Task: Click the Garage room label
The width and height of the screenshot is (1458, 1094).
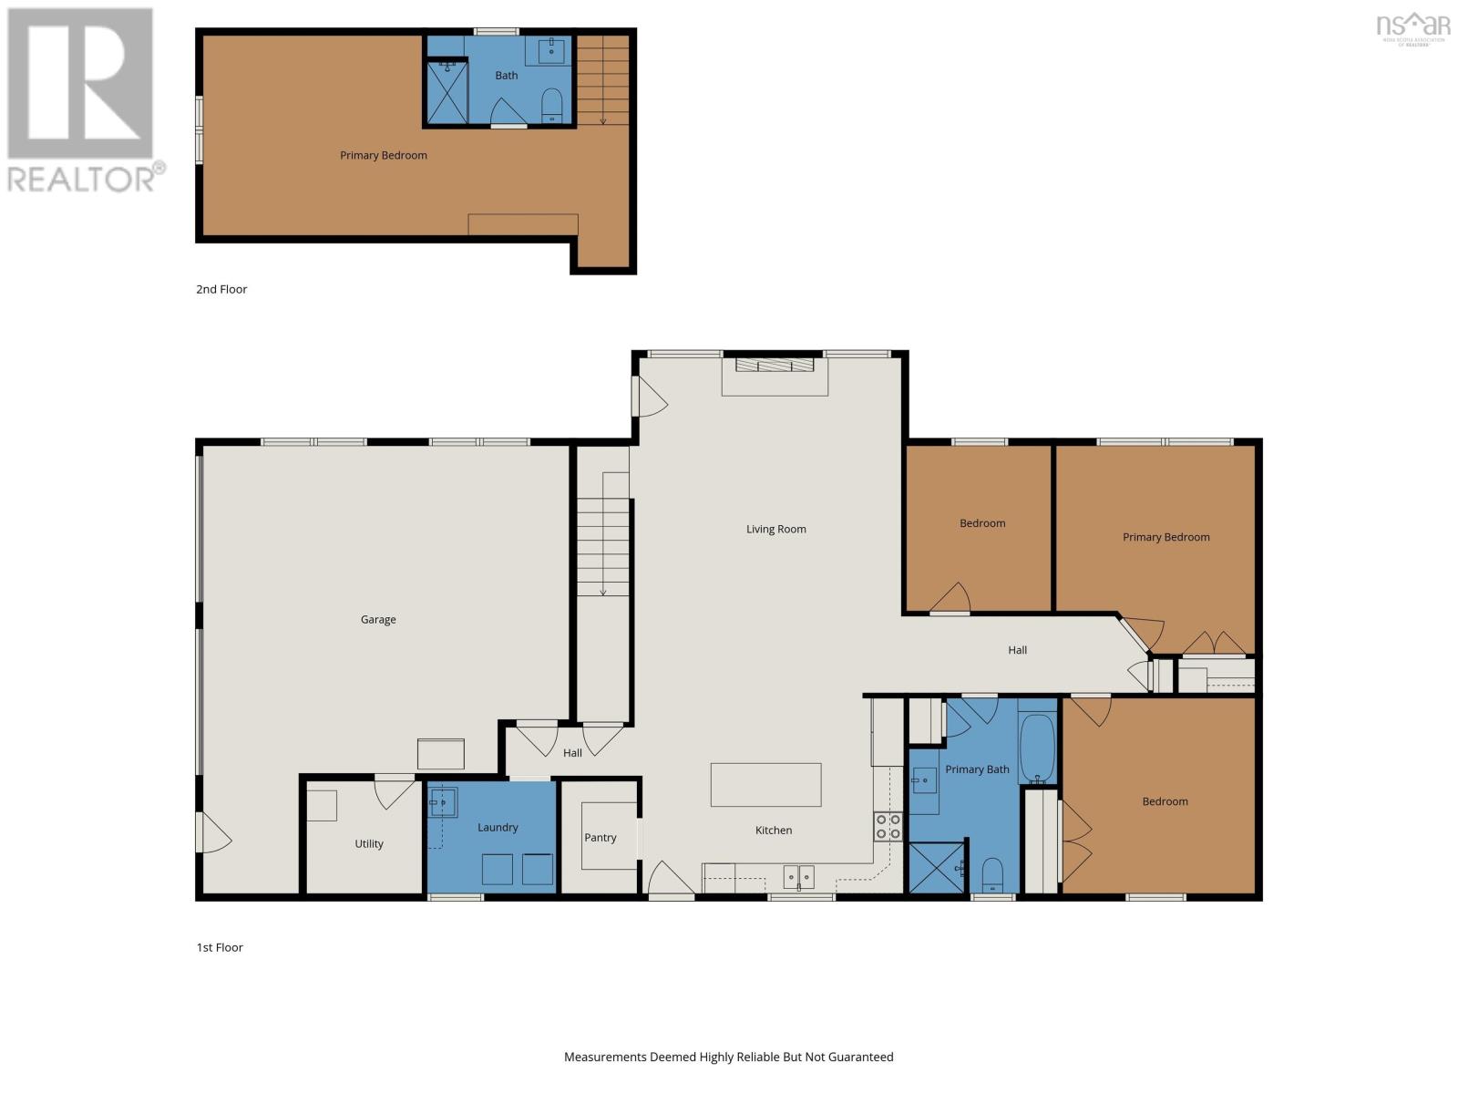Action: (x=378, y=620)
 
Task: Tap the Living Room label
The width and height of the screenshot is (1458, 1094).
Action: (x=775, y=529)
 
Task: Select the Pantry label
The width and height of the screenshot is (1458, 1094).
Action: (x=601, y=838)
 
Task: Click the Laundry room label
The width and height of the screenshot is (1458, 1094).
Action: (x=498, y=828)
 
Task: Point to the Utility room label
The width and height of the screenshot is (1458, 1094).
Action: (x=369, y=844)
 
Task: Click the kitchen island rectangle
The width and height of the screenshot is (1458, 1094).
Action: (x=765, y=785)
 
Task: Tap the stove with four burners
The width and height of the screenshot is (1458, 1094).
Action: (x=888, y=826)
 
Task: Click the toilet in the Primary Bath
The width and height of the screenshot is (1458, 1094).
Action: (x=992, y=876)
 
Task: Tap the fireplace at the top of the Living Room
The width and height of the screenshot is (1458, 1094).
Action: (x=775, y=366)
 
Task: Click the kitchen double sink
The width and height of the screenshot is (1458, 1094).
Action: (x=798, y=877)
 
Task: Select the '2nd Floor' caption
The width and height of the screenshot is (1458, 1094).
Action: (x=221, y=289)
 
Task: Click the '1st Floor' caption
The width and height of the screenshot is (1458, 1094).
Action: (x=220, y=947)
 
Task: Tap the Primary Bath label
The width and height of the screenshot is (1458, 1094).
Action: (x=977, y=769)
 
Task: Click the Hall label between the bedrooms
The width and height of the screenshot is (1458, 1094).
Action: (x=1017, y=650)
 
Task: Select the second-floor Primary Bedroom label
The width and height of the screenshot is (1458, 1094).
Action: (x=383, y=156)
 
